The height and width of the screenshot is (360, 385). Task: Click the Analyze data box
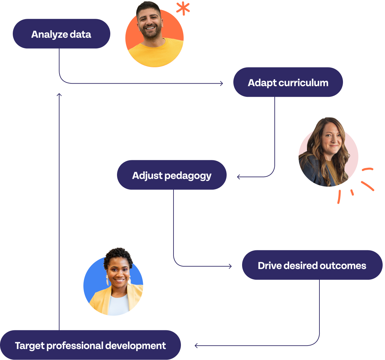(62, 34)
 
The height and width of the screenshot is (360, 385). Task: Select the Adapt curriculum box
(288, 82)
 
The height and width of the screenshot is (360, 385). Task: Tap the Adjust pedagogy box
(171, 175)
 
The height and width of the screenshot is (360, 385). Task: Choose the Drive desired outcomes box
(312, 265)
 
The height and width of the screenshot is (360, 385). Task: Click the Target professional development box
(90, 345)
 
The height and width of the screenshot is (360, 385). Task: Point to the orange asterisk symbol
(183, 9)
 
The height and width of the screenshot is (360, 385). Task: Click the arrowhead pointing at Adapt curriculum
(222, 83)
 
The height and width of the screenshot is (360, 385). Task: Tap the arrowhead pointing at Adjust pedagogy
(239, 177)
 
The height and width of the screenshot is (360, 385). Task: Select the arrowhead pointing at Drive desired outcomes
(230, 266)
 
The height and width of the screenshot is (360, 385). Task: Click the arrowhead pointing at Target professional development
(196, 346)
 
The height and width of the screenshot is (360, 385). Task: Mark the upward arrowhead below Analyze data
(59, 95)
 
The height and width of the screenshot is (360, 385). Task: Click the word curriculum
(304, 83)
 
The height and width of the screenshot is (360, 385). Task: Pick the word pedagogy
(188, 176)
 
